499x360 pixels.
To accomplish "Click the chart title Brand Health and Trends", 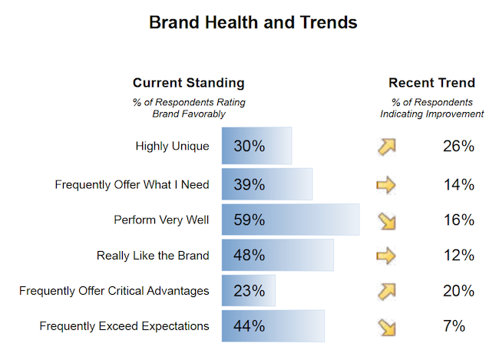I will [253, 22].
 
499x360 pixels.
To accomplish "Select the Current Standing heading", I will [189, 83].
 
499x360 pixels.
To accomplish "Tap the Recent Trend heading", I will [431, 83].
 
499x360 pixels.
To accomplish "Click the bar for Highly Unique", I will [256, 146].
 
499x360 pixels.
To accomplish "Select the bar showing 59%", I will [290, 220].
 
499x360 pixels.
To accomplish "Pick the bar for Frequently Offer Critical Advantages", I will [248, 291].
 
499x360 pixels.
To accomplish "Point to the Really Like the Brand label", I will [153, 256].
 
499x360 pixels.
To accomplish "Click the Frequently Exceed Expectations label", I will [124, 326].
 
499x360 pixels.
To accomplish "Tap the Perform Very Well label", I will [161, 220].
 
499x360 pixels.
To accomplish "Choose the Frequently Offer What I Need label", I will [132, 185].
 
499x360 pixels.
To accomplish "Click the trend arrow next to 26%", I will [386, 146].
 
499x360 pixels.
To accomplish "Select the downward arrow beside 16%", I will [386, 220].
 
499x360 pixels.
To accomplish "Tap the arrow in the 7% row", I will [386, 327].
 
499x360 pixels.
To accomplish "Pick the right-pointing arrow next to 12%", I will [386, 256].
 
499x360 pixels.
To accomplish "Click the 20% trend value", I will [458, 291].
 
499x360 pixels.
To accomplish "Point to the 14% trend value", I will [458, 185].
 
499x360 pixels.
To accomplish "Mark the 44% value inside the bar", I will [249, 326].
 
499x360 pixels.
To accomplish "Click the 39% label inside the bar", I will [249, 185].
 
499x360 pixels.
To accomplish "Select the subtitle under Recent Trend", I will [431, 108].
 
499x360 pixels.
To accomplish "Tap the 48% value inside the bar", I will [249, 256].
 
